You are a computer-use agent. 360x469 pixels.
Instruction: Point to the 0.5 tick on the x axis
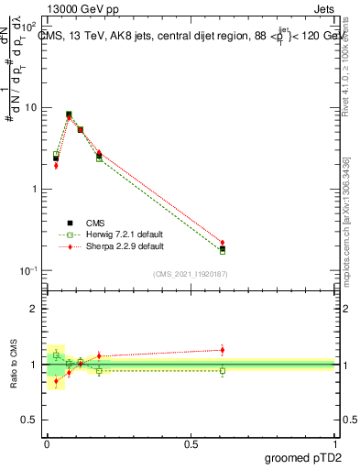(x=191, y=442)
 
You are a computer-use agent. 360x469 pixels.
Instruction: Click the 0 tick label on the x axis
(x=46, y=442)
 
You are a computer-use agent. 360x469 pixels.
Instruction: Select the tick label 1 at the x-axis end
(x=335, y=442)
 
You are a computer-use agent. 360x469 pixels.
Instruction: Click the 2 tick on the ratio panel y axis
(x=33, y=309)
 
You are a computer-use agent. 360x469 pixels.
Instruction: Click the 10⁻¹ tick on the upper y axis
(x=27, y=271)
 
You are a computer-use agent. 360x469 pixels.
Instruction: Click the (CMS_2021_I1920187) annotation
(x=191, y=273)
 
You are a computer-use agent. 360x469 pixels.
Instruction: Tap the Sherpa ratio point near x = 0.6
(x=223, y=349)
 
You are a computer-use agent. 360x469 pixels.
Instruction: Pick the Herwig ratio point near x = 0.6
(x=223, y=370)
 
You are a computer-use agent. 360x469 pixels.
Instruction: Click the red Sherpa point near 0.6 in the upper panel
(x=223, y=243)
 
